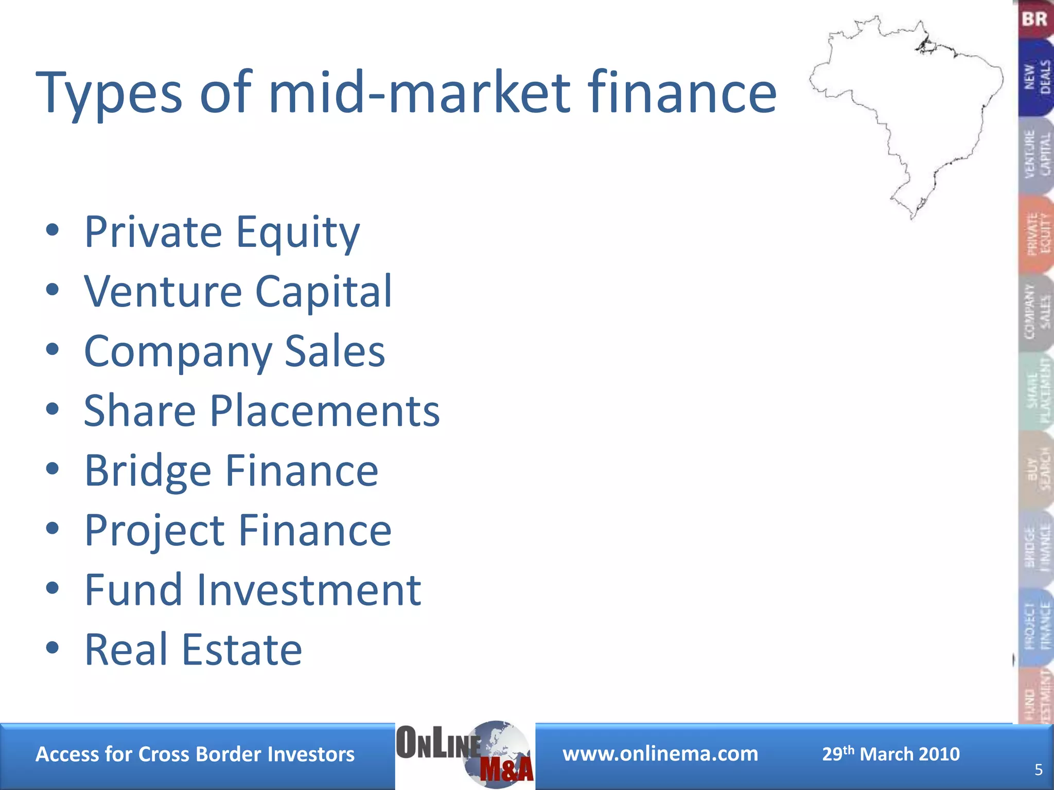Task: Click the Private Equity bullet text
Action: click(x=222, y=232)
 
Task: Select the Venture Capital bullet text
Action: click(x=238, y=292)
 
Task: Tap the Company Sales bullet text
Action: click(x=234, y=351)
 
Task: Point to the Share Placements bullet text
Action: click(x=261, y=411)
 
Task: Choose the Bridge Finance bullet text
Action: click(x=231, y=471)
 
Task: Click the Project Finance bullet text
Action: click(x=238, y=530)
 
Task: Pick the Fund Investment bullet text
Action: click(x=253, y=590)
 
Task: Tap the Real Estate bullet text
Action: click(x=193, y=650)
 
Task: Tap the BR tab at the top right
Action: click(x=1035, y=20)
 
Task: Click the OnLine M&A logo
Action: click(x=465, y=755)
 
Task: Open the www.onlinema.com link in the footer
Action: click(x=660, y=754)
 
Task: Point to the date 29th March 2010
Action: click(x=891, y=754)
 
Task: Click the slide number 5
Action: click(x=1039, y=769)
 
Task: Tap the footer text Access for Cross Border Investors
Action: click(x=195, y=755)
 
